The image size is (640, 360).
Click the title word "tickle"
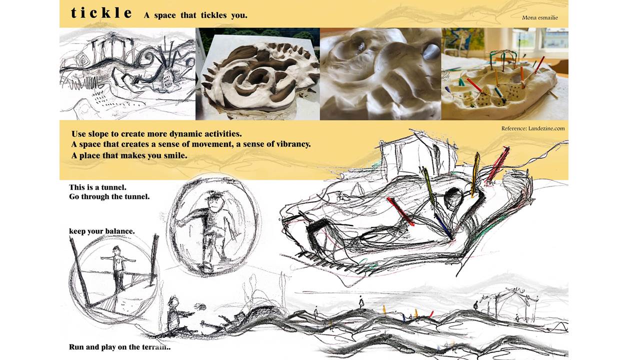coord(101,13)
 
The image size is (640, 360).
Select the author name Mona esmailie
coord(539,17)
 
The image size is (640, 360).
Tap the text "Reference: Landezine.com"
coord(533,128)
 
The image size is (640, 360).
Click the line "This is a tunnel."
coord(97,187)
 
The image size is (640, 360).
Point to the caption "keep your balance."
coord(101,231)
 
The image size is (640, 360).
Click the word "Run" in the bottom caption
coord(76,347)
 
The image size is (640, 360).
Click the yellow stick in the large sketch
coord(475,175)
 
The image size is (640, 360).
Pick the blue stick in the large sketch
coord(444,227)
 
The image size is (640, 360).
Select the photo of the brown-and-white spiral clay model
coord(257,74)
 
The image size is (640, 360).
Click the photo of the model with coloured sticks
coord(505,74)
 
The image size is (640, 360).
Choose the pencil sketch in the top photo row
coord(127,74)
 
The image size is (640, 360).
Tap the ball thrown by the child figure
coord(201,307)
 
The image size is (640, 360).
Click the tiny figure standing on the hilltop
coord(361,303)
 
